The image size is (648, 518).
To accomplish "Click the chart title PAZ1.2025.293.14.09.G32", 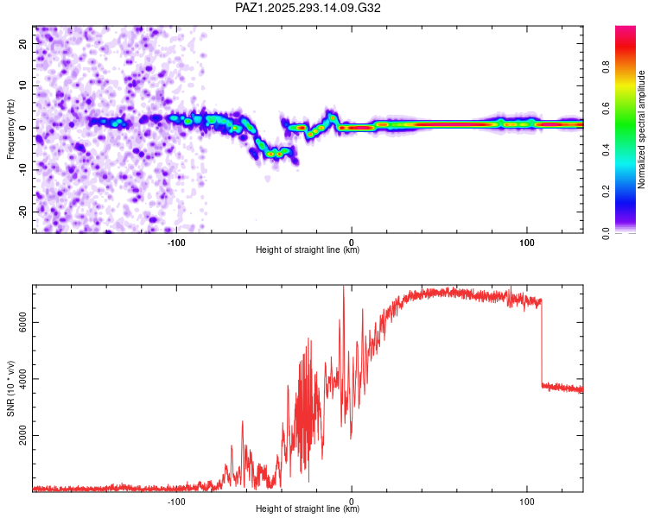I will tap(308, 8).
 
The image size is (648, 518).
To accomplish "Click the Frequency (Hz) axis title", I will tap(10, 129).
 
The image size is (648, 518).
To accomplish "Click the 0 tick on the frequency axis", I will tap(24, 128).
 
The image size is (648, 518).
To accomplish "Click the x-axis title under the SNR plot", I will tap(308, 509).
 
